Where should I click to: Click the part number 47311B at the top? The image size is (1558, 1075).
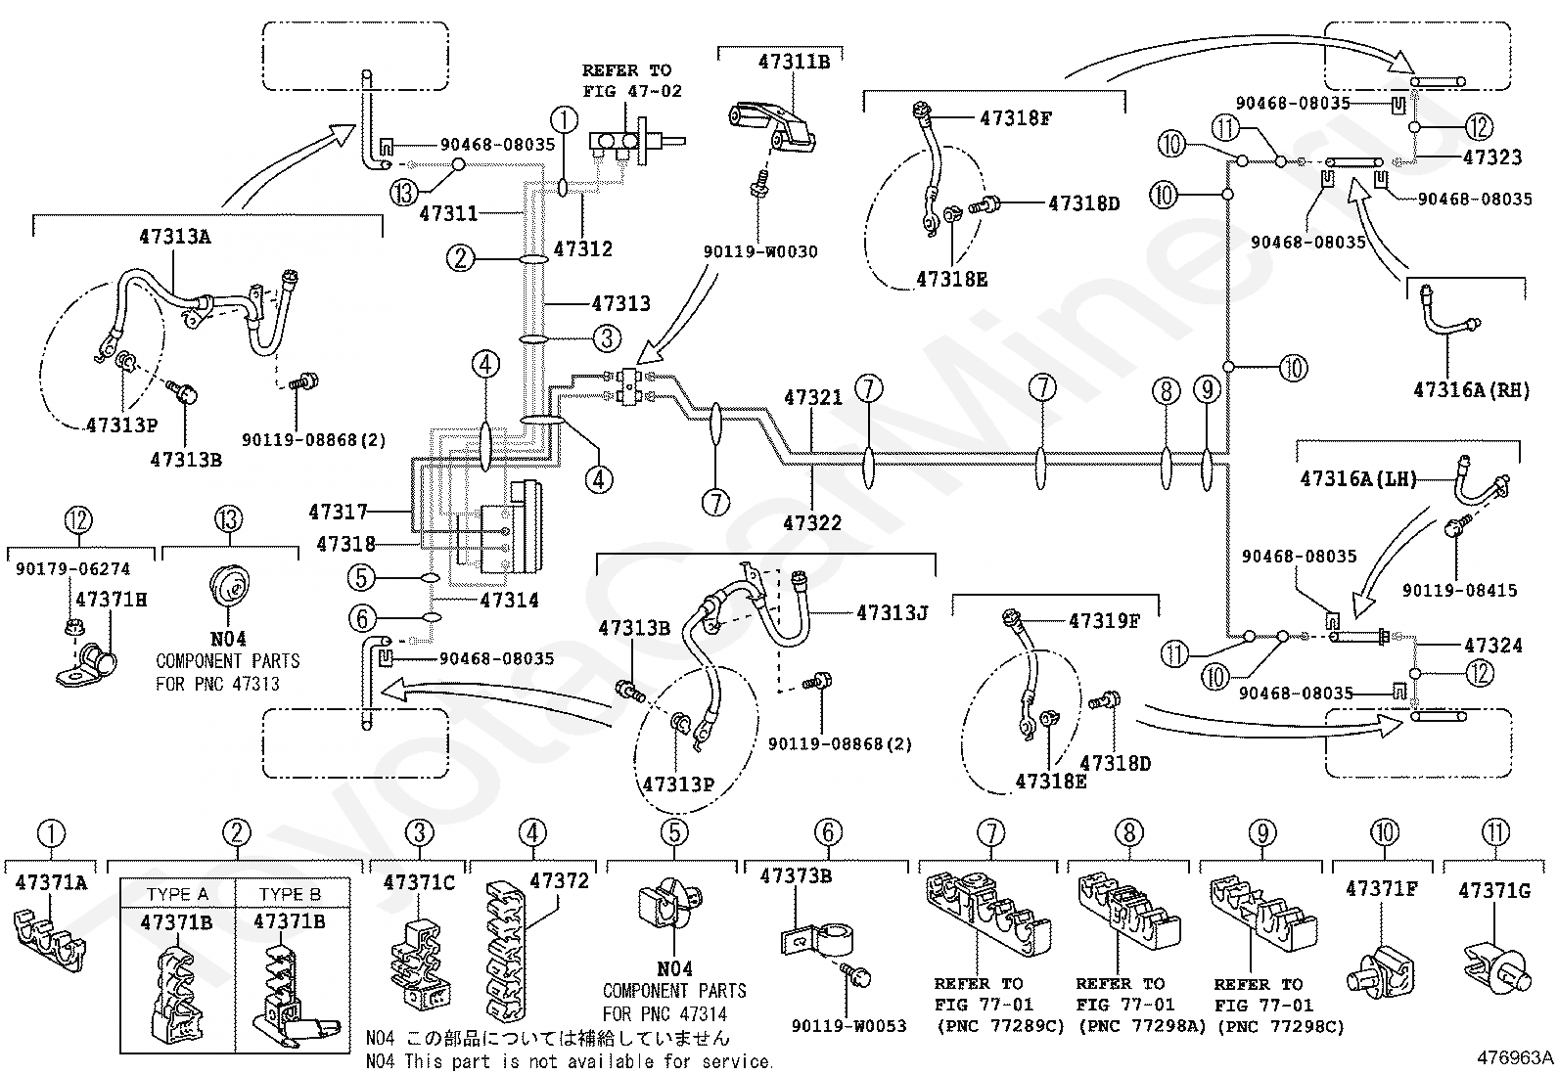(793, 61)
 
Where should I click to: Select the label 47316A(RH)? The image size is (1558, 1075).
(1471, 390)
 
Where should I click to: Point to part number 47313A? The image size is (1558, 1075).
(174, 236)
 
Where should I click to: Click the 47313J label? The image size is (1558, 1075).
(892, 612)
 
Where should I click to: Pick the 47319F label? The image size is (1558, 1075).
(1104, 620)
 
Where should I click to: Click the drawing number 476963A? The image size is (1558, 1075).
(1515, 1057)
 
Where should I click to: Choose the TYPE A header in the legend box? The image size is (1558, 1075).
(177, 894)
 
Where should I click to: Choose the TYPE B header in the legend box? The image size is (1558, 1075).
(290, 894)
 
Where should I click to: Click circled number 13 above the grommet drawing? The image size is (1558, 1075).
(229, 519)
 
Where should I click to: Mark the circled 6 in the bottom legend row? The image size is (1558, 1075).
(828, 832)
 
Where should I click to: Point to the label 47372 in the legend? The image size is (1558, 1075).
(559, 880)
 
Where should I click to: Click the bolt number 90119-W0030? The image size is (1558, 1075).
(760, 251)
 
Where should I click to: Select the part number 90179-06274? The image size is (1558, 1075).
(72, 568)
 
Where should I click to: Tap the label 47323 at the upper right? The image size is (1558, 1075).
(1492, 157)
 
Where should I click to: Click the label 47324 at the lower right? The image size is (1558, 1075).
(1492, 645)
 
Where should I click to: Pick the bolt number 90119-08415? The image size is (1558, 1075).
(1459, 590)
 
